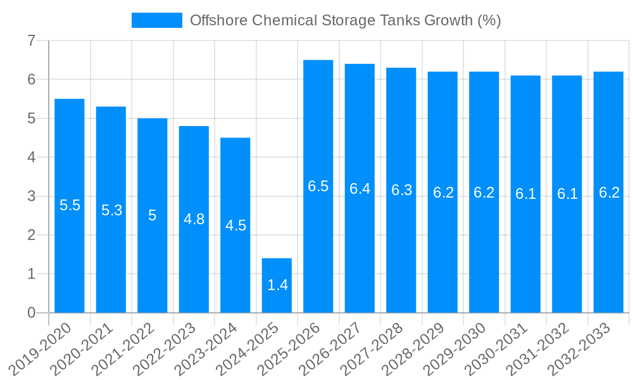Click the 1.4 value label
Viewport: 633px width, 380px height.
tap(277, 285)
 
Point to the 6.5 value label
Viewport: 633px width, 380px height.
tap(318, 186)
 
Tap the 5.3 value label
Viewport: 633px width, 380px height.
tap(111, 210)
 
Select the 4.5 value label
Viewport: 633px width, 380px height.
tap(235, 225)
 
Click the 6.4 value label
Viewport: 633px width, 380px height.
tap(360, 188)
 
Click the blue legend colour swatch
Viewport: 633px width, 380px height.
tap(156, 20)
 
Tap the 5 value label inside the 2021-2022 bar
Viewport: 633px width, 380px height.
tap(153, 215)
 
